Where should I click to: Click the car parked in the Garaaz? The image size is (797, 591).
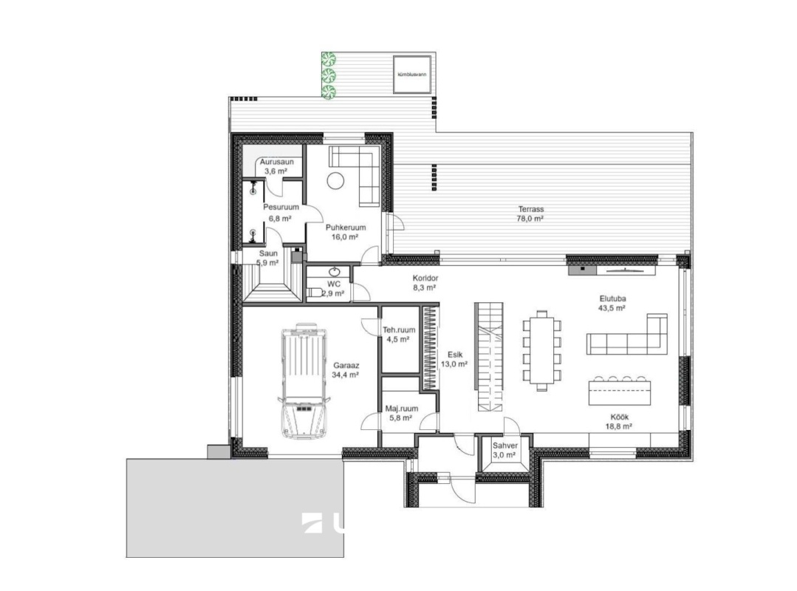pyautogui.click(x=304, y=380)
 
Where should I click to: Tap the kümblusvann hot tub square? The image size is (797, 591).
pyautogui.click(x=412, y=74)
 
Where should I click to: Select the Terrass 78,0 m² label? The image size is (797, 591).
pyautogui.click(x=530, y=214)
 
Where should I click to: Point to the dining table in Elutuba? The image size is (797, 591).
pyautogui.click(x=542, y=351)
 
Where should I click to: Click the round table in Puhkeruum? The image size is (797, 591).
pyautogui.click(x=335, y=180)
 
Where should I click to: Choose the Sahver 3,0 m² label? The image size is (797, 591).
pyautogui.click(x=504, y=450)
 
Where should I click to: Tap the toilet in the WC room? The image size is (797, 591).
pyautogui.click(x=314, y=293)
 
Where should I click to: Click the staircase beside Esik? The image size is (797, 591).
pyautogui.click(x=489, y=357)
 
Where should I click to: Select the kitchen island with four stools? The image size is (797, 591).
pyautogui.click(x=620, y=390)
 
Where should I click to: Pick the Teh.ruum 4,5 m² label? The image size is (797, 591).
pyautogui.click(x=399, y=335)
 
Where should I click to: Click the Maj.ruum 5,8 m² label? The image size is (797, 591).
pyautogui.click(x=401, y=413)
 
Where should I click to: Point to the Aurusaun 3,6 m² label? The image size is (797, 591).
pyautogui.click(x=276, y=167)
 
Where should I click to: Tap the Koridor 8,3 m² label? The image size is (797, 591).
pyautogui.click(x=425, y=283)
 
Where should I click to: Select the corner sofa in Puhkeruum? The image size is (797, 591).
pyautogui.click(x=355, y=176)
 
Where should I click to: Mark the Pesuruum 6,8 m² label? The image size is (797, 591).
pyautogui.click(x=281, y=213)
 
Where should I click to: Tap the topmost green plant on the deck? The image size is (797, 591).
pyautogui.click(x=329, y=59)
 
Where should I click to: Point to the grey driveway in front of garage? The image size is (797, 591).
pyautogui.click(x=235, y=508)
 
